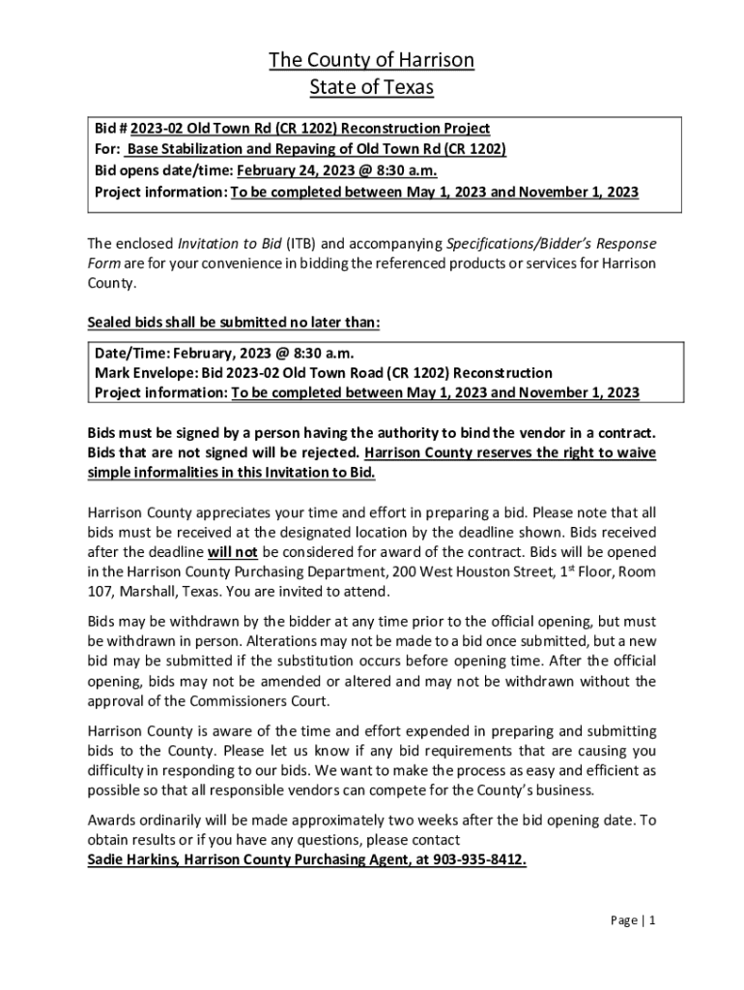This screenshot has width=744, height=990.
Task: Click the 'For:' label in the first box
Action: tap(107, 149)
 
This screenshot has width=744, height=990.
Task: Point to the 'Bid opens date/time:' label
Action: tap(163, 170)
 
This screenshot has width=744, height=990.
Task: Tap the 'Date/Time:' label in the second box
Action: tap(130, 352)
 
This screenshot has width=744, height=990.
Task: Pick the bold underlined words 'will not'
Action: tap(232, 552)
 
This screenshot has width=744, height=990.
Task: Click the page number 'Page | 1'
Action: tap(633, 920)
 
